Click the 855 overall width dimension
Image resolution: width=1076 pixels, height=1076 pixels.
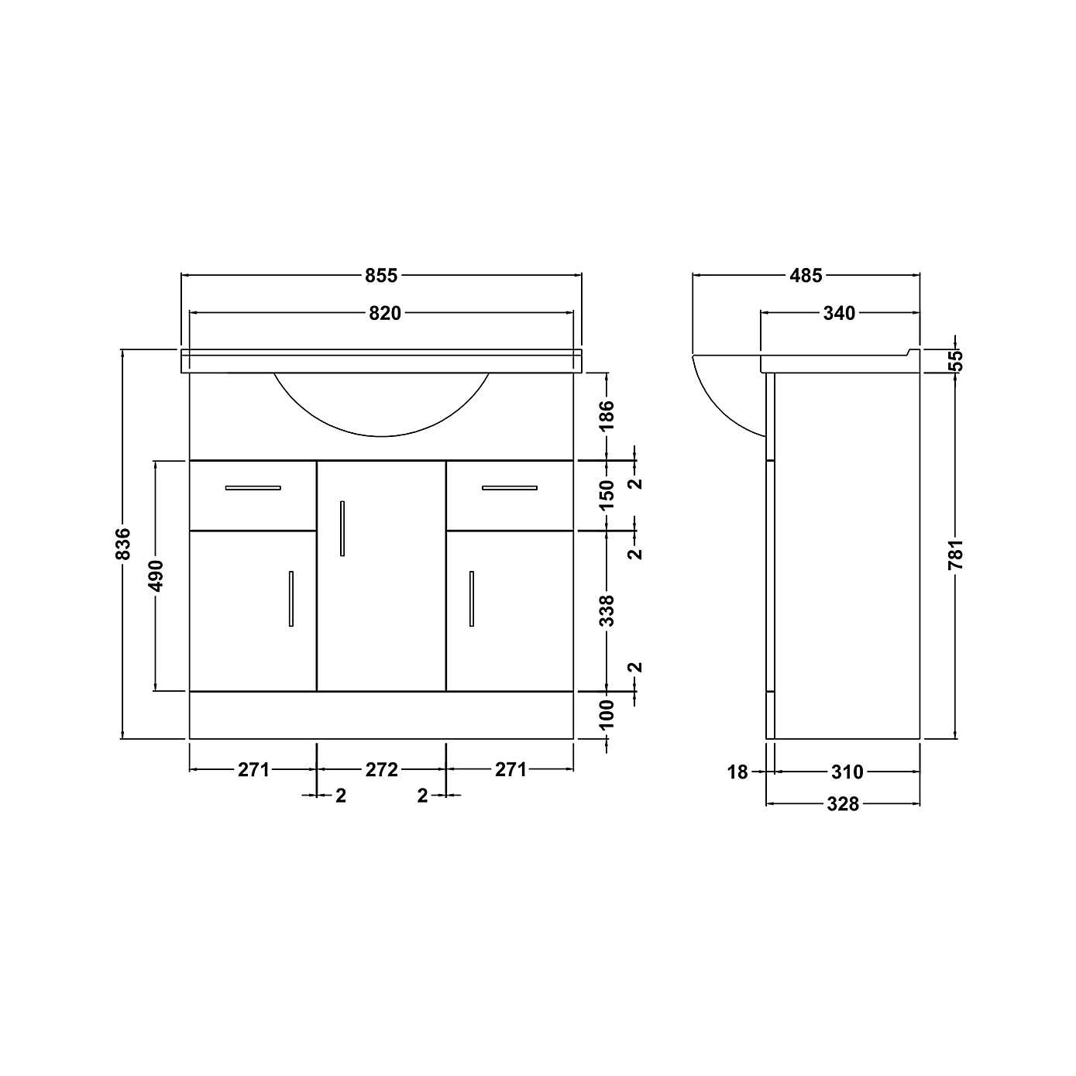pos(381,275)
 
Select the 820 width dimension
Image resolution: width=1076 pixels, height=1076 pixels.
pos(385,313)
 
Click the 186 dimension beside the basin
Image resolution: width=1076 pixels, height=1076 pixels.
pos(607,416)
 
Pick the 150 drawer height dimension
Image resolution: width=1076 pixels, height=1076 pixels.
pos(607,494)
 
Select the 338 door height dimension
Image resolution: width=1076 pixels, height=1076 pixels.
pos(607,610)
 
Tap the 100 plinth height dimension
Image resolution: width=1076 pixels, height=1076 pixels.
pos(607,713)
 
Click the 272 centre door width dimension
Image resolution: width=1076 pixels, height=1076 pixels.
pos(381,770)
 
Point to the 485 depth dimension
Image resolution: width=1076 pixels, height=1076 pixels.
pos(806,275)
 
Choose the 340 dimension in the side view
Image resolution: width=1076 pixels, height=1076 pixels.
pos(839,313)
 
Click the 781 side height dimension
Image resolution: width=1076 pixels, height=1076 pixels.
pos(956,555)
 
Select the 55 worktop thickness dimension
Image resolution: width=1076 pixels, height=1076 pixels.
pos(956,360)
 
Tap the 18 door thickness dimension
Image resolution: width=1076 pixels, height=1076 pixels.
pos(738,772)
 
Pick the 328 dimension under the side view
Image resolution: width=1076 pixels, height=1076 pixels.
pos(843,804)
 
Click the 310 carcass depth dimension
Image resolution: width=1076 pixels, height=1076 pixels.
pos(847,772)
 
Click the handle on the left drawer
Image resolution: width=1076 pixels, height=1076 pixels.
pos(253,488)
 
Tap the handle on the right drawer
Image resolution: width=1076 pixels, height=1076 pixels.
pos(509,488)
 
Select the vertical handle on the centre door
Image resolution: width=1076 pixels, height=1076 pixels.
pos(342,528)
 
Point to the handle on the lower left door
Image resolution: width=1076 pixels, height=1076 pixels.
pos(291,599)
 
